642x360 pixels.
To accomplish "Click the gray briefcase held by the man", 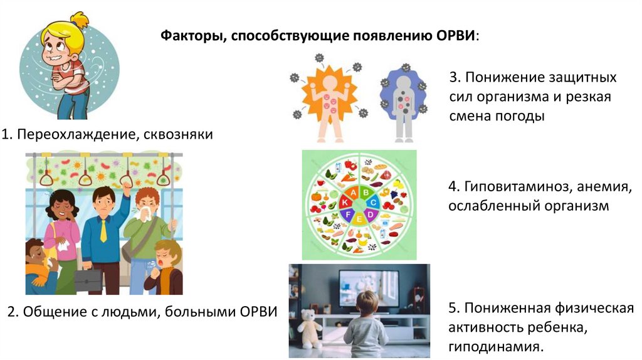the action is pos(88,279).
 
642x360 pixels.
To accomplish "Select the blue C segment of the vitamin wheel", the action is pos(372,202).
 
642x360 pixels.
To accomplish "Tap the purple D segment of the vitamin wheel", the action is pos(369,216).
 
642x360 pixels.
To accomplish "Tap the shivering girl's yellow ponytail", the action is pos(80,22).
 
